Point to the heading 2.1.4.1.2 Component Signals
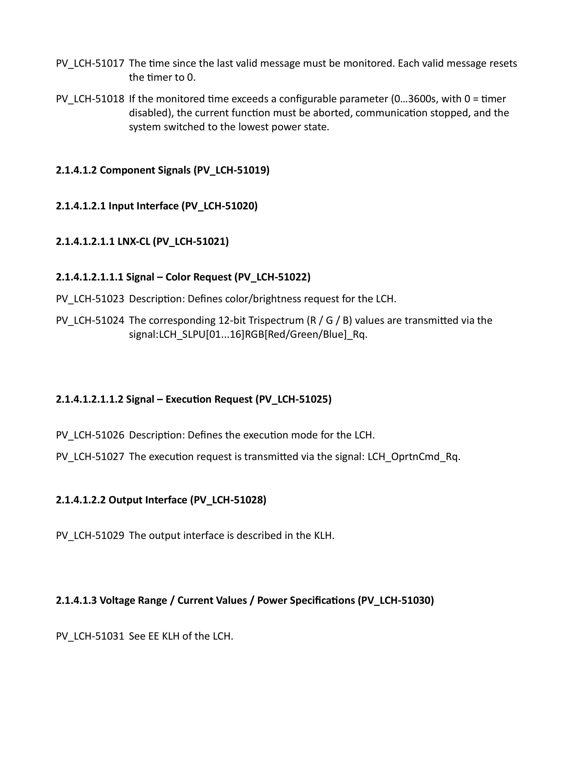(x=162, y=170)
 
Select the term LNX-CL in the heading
(x=133, y=241)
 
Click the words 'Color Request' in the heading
(x=198, y=277)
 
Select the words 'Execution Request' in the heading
(x=209, y=399)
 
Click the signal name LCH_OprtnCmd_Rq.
(x=414, y=457)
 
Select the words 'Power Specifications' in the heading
(x=306, y=600)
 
